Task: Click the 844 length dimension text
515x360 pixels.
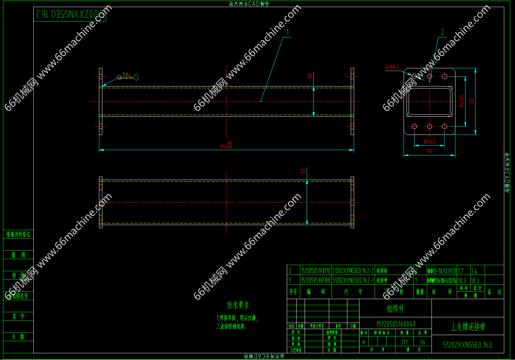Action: pyautogui.click(x=226, y=145)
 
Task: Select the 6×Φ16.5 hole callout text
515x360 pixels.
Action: pyautogui.click(x=392, y=67)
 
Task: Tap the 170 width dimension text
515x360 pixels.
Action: pyautogui.click(x=430, y=152)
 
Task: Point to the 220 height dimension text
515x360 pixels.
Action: pyautogui.click(x=472, y=101)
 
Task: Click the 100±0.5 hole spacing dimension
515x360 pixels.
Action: pyautogui.click(x=430, y=142)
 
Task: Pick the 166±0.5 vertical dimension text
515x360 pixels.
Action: pyautogui.click(x=462, y=101)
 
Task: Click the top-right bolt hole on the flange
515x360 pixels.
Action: pyautogui.click(x=444, y=76)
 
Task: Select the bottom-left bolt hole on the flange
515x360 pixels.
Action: pyautogui.click(x=414, y=127)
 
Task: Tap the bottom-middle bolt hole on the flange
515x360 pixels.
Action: pyautogui.click(x=430, y=127)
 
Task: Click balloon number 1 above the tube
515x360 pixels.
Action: pyautogui.click(x=287, y=32)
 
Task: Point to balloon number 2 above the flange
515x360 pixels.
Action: pyautogui.click(x=442, y=32)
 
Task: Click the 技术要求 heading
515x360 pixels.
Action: pyautogui.click(x=238, y=305)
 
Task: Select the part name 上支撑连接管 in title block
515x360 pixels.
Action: pyautogui.click(x=468, y=327)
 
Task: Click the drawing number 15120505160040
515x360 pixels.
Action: pyautogui.click(x=396, y=324)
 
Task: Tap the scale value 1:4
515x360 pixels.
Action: pyautogui.click(x=422, y=342)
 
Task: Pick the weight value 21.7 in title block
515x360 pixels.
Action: pyautogui.click(x=404, y=342)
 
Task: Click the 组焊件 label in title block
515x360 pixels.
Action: pyautogui.click(x=395, y=309)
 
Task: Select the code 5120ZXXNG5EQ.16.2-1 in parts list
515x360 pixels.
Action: pyautogui.click(x=353, y=280)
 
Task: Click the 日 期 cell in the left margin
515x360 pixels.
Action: pyautogui.click(x=18, y=337)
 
